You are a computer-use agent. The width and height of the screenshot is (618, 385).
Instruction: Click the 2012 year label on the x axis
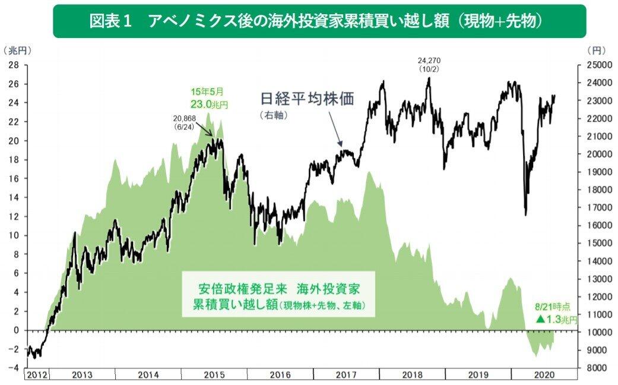37,375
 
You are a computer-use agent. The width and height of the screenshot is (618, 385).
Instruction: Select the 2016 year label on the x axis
280,375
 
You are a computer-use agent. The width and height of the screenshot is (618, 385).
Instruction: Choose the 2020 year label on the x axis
543,375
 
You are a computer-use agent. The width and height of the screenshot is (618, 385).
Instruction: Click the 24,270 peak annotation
429,65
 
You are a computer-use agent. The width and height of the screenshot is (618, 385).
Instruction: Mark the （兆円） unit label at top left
17,51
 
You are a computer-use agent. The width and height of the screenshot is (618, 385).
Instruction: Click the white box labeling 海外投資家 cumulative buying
278,295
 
